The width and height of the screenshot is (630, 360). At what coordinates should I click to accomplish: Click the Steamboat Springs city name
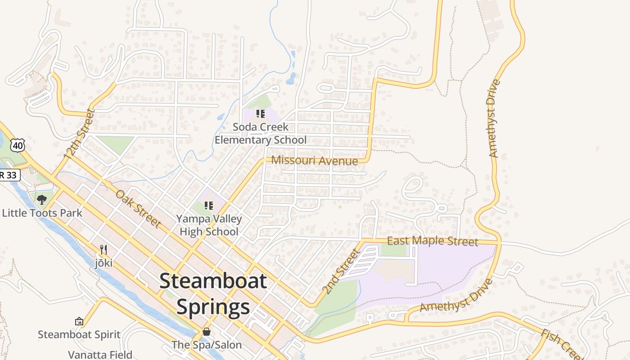pyautogui.click(x=213, y=294)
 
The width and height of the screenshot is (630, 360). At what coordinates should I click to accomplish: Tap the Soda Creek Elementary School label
pyautogui.click(x=260, y=134)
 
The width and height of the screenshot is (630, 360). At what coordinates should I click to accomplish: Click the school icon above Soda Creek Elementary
pyautogui.click(x=260, y=114)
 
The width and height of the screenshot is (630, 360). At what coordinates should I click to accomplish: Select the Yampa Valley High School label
pyautogui.click(x=209, y=225)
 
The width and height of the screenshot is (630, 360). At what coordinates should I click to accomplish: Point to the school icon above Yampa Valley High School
pyautogui.click(x=209, y=206)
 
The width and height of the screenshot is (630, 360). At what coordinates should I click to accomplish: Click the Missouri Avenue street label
pyautogui.click(x=315, y=161)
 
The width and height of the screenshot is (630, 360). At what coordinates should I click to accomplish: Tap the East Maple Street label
pyautogui.click(x=432, y=241)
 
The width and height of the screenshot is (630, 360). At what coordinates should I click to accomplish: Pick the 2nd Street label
pyautogui.click(x=342, y=271)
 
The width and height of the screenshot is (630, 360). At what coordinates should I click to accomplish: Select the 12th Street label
pyautogui.click(x=80, y=134)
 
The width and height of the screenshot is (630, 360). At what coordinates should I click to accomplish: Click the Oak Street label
pyautogui.click(x=138, y=208)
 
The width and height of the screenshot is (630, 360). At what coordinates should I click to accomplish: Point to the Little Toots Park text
pyautogui.click(x=42, y=213)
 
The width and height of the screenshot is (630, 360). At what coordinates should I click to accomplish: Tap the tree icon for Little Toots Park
pyautogui.click(x=42, y=199)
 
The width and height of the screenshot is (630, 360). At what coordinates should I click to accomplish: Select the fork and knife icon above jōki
pyautogui.click(x=103, y=250)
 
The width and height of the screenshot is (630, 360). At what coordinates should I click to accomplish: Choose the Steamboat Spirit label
pyautogui.click(x=79, y=334)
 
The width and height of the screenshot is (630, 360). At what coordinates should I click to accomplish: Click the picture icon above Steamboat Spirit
pyautogui.click(x=79, y=321)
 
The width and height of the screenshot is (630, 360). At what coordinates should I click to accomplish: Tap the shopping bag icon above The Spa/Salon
pyautogui.click(x=207, y=332)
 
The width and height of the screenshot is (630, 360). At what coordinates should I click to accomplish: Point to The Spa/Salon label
pyautogui.click(x=207, y=345)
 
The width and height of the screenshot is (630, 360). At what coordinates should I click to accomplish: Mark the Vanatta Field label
pyautogui.click(x=100, y=355)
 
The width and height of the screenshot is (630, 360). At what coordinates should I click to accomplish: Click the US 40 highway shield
pyautogui.click(x=18, y=145)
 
